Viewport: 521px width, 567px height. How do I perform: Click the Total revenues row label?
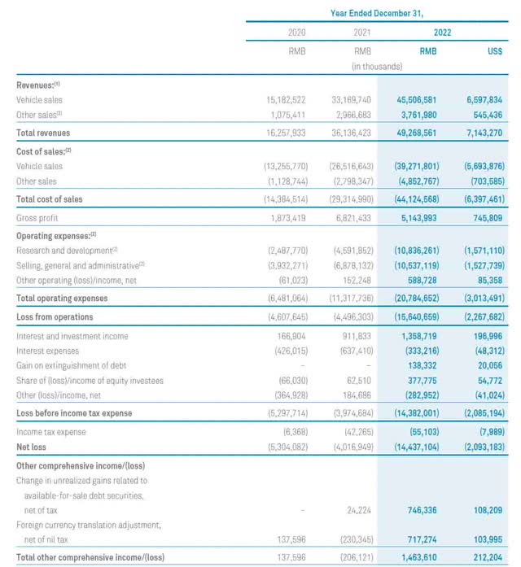(x=43, y=133)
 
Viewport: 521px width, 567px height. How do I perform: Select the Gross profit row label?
(x=38, y=218)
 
